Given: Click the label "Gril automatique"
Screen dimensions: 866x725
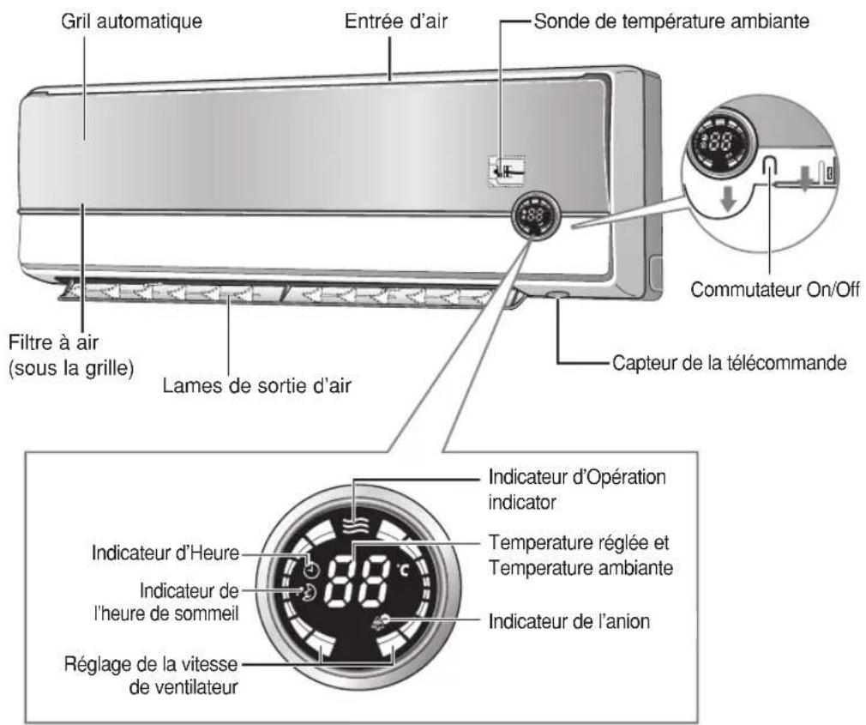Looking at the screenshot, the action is point(131,21).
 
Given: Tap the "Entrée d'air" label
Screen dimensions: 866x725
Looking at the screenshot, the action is point(396,21).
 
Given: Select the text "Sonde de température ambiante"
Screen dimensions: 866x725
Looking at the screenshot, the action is point(671,21).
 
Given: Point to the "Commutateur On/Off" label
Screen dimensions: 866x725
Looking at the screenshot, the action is point(775,289).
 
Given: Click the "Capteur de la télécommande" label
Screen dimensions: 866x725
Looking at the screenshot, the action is point(730,363).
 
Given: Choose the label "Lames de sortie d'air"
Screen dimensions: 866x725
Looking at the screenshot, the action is point(257,385).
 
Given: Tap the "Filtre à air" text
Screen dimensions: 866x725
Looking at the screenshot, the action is point(53,342).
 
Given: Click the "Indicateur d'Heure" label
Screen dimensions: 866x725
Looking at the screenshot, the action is point(165,553).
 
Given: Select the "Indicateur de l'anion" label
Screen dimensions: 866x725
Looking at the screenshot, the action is point(568,621).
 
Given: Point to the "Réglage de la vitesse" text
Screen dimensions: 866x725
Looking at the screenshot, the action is point(151,664).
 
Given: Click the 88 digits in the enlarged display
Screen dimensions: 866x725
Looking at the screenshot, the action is point(358,583).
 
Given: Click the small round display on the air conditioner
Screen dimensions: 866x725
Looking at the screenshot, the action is point(533,215).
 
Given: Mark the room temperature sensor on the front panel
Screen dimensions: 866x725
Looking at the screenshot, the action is point(507,171).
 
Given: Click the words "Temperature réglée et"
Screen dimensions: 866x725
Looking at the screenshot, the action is point(578,542).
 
